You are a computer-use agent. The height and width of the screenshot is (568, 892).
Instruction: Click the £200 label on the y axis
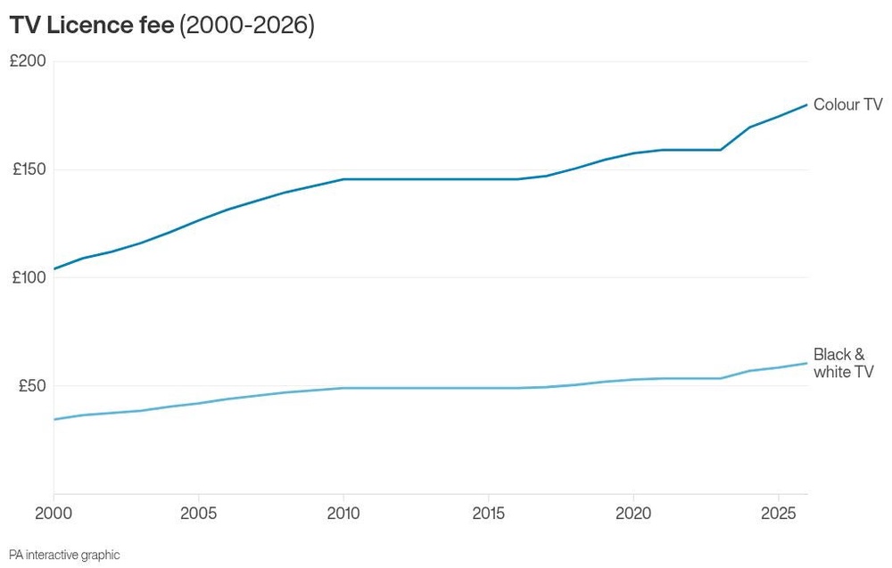pyautogui.click(x=28, y=61)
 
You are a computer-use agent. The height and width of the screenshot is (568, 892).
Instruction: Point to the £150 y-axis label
pyautogui.click(x=29, y=169)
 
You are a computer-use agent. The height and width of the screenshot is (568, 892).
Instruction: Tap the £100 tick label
pyautogui.click(x=29, y=277)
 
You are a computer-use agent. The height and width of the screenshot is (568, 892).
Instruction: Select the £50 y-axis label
pyautogui.click(x=32, y=385)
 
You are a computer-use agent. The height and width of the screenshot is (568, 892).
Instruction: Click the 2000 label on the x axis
pyautogui.click(x=54, y=514)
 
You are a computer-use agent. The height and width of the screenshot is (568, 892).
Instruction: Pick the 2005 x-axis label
pyautogui.click(x=199, y=514)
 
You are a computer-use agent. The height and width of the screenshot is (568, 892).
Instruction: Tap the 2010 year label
pyautogui.click(x=343, y=514)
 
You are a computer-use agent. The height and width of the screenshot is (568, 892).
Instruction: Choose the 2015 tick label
pyautogui.click(x=488, y=514)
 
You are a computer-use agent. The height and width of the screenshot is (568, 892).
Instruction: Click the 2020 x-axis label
pyautogui.click(x=633, y=514)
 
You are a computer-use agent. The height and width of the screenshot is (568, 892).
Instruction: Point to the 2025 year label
pyautogui.click(x=778, y=514)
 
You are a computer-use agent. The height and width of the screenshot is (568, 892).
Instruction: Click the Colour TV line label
pyautogui.click(x=847, y=104)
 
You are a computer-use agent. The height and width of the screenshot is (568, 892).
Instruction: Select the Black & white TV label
pyautogui.click(x=843, y=363)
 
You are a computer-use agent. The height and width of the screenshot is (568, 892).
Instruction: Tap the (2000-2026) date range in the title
pyautogui.click(x=247, y=26)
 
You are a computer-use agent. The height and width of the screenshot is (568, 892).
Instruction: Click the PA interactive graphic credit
pyautogui.click(x=64, y=555)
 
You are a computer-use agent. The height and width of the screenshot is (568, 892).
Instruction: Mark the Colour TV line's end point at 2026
pyautogui.click(x=806, y=104)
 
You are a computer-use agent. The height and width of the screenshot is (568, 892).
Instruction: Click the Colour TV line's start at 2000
pyautogui.click(x=54, y=269)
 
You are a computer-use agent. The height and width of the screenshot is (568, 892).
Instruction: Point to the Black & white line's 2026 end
pyautogui.click(x=806, y=363)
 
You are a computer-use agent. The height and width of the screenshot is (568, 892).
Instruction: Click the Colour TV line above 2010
pyautogui.click(x=343, y=179)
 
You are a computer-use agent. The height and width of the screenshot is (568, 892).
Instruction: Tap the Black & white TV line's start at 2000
pyautogui.click(x=54, y=420)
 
